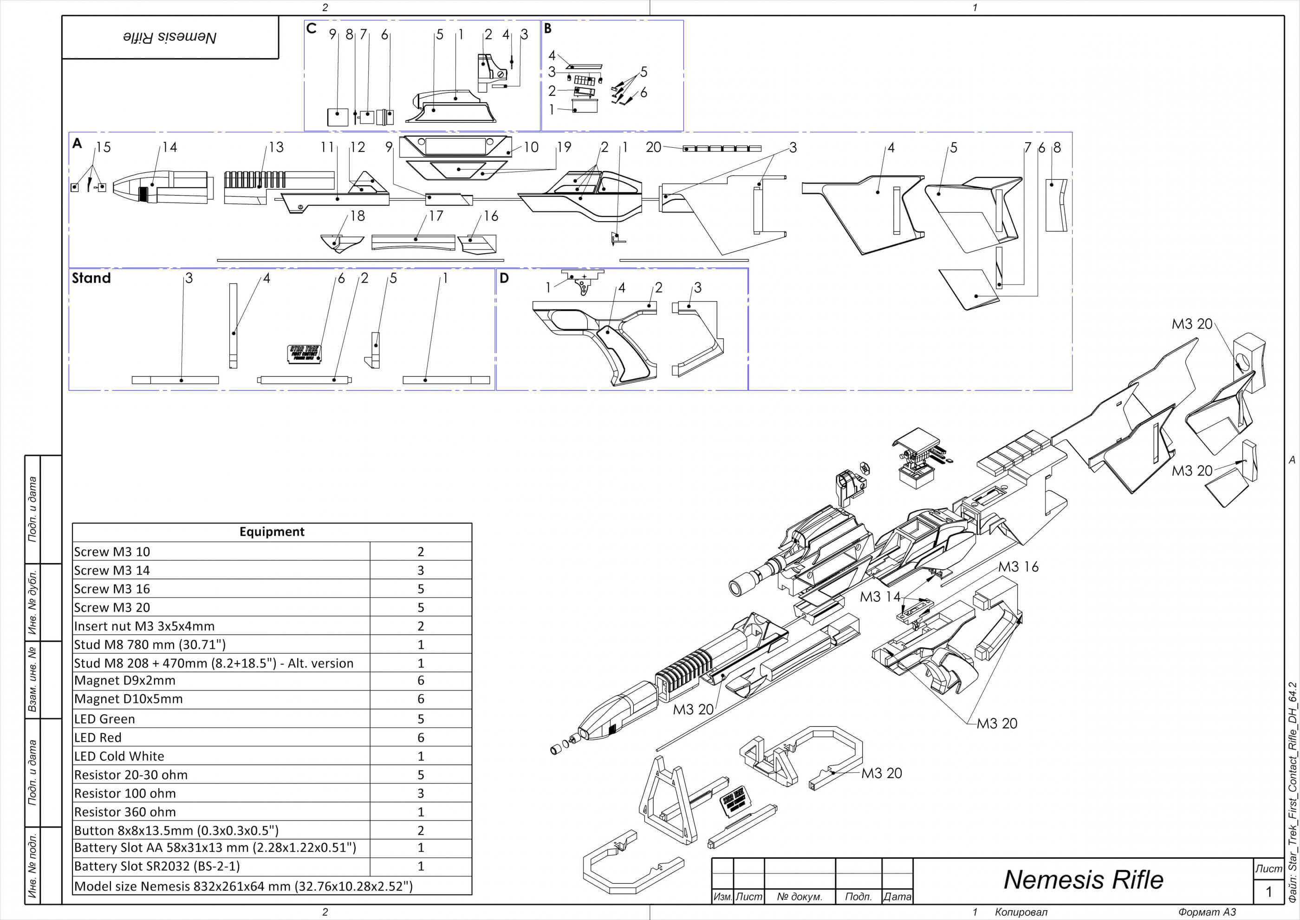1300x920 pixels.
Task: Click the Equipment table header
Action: (x=272, y=532)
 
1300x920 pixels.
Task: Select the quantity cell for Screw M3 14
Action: (x=420, y=570)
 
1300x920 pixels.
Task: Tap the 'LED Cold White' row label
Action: (x=119, y=756)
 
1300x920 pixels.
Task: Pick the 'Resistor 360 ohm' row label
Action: (x=124, y=811)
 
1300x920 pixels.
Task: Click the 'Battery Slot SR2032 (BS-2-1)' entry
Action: (x=157, y=866)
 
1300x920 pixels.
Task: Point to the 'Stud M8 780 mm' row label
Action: (x=149, y=644)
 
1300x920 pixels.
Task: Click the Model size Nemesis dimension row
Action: (x=243, y=886)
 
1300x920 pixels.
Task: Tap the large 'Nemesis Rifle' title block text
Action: (x=1083, y=880)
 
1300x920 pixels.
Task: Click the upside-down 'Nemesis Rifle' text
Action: (x=170, y=37)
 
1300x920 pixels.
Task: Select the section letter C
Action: (x=311, y=28)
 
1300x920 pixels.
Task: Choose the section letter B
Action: (x=547, y=28)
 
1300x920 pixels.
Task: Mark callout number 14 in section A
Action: (x=169, y=147)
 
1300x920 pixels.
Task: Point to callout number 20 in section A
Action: (x=653, y=147)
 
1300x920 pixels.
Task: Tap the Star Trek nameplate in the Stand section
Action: (x=305, y=353)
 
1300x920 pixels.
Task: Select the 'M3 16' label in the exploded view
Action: (x=1018, y=566)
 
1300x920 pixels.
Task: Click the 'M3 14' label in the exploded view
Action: (x=880, y=597)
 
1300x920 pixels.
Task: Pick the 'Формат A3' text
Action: (x=1207, y=912)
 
